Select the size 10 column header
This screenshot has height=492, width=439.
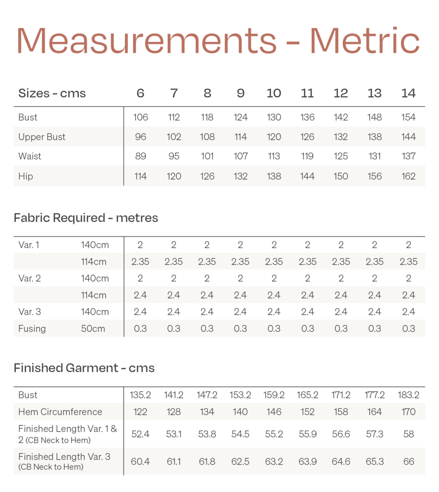point(274,93)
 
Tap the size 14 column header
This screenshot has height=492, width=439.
point(408,93)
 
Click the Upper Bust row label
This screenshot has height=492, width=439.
point(42,137)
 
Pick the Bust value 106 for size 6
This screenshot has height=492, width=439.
point(140,117)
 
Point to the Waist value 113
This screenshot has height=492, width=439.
point(274,156)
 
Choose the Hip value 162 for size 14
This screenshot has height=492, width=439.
point(408,176)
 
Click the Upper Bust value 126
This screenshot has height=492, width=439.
point(307,137)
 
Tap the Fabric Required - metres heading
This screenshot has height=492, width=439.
point(86,218)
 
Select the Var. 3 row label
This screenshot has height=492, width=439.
point(30,312)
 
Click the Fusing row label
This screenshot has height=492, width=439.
point(32,329)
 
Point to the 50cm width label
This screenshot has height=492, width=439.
point(95,329)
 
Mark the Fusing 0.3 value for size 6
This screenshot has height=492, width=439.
point(140,329)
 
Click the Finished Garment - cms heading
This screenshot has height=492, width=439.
point(84,368)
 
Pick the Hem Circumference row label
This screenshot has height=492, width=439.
point(60,412)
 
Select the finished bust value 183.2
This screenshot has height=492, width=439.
point(408,395)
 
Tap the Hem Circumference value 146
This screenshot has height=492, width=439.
point(274,412)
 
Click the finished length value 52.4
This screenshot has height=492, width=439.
point(140,434)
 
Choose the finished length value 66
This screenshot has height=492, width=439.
point(408,461)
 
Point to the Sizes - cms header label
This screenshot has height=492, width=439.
point(52,93)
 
